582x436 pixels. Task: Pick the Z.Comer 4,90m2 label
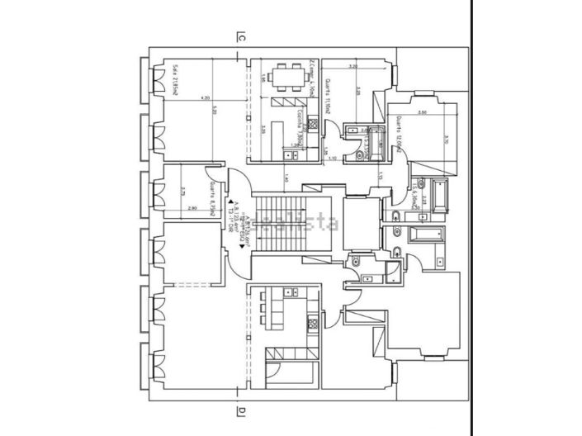[314, 78]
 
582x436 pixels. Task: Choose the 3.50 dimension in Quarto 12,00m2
[421, 111]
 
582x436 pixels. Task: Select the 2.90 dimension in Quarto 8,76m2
[192, 208]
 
